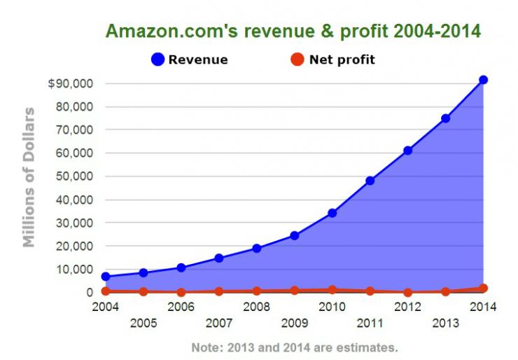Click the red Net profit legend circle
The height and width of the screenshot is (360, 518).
coord(297,60)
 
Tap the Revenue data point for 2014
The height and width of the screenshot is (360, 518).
coord(483,80)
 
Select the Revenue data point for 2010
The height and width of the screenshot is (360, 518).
coord(332,213)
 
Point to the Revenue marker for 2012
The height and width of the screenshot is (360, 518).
coord(407,151)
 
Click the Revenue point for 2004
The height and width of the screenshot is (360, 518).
coord(105,277)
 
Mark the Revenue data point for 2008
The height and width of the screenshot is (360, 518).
coord(256,249)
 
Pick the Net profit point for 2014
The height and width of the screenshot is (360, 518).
coord(483,288)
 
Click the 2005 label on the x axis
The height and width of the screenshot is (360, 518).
coord(143,324)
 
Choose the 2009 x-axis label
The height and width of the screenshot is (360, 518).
coord(294,324)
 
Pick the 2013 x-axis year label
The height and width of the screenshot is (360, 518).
coord(445,324)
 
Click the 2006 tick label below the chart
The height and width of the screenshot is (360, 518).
coord(181,307)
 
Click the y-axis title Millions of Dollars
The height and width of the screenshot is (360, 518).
coord(29,176)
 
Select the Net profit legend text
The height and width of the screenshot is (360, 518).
coord(342,60)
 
